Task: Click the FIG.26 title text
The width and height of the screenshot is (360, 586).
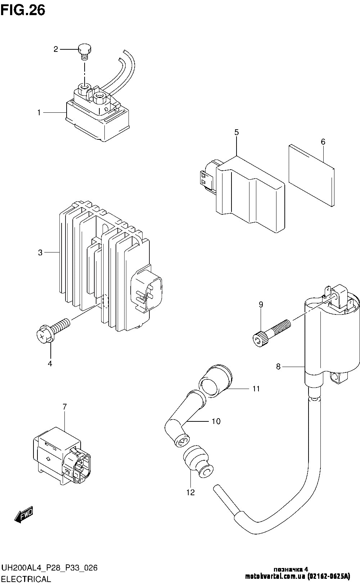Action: tap(23, 10)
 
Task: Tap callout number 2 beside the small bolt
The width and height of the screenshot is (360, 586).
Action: tap(56, 49)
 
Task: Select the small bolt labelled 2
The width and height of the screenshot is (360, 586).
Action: tap(85, 52)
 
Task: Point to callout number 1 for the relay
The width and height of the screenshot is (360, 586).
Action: tap(39, 113)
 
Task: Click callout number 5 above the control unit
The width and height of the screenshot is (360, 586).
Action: tap(236, 133)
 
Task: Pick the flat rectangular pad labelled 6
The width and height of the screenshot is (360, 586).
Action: tap(312, 175)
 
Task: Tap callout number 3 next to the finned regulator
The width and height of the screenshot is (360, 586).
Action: tap(40, 252)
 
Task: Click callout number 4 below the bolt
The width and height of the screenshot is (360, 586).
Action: tap(50, 363)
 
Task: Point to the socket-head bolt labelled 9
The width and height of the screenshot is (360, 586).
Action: tap(272, 333)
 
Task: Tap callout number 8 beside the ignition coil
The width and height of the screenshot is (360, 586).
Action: tap(278, 367)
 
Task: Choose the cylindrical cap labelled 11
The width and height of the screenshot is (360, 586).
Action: tap(215, 381)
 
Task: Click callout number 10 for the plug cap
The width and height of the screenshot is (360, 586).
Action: tap(216, 421)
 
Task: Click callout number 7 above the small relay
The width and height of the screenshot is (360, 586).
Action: tap(64, 407)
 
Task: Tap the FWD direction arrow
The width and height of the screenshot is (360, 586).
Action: tap(24, 515)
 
